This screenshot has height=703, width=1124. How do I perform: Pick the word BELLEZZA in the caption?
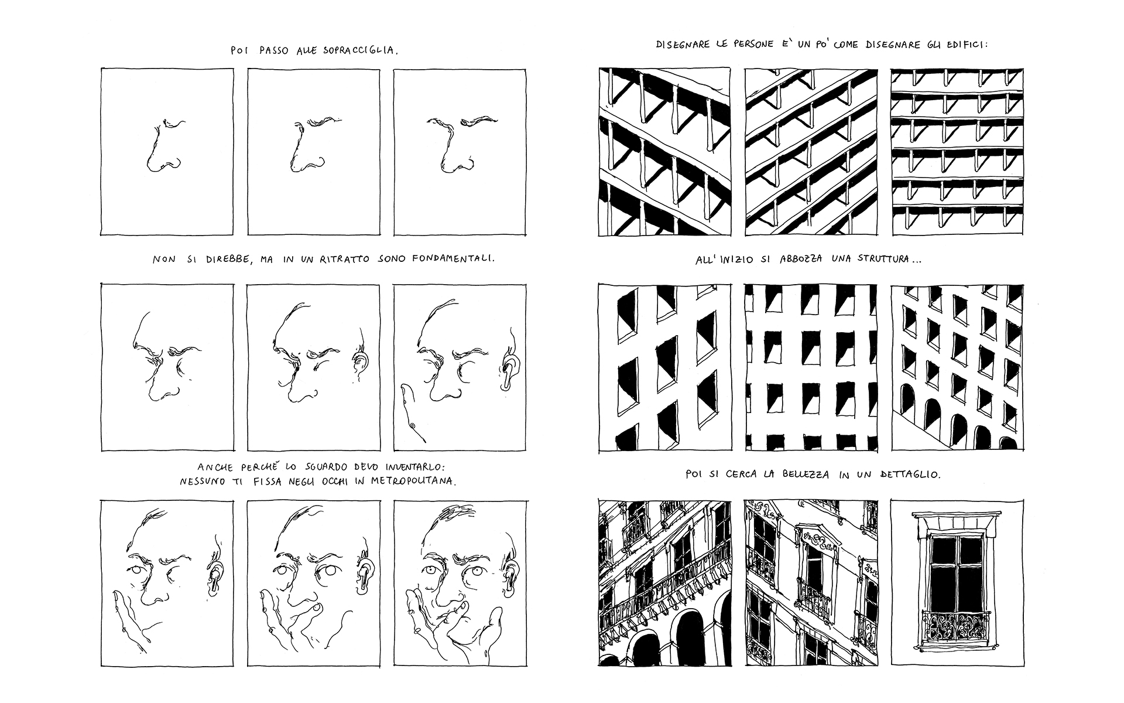(x=806, y=475)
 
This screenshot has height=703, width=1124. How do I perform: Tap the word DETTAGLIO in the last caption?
(x=910, y=475)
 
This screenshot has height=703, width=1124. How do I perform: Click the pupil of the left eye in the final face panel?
(x=431, y=571)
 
